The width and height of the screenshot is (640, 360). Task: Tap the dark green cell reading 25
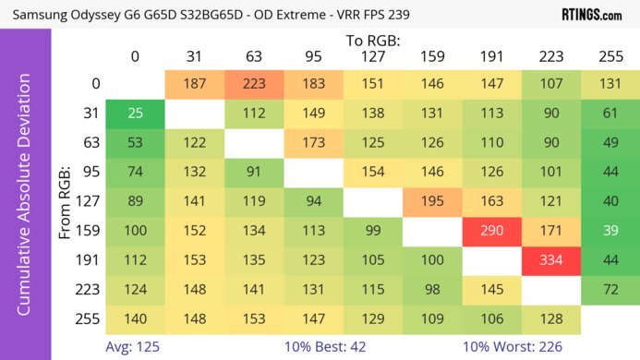click(x=135, y=114)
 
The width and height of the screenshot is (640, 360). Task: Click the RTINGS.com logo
click(x=591, y=15)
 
